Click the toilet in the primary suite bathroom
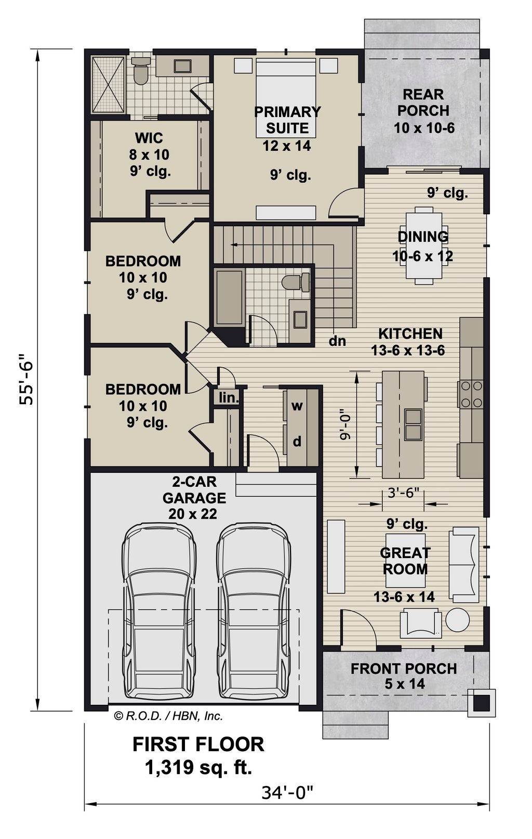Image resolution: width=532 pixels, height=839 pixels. pyautogui.click(x=141, y=71)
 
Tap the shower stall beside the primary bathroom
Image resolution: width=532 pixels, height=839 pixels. pyautogui.click(x=108, y=84)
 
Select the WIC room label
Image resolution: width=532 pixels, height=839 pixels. pyautogui.click(x=149, y=138)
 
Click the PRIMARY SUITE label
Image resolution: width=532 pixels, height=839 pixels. pyautogui.click(x=287, y=120)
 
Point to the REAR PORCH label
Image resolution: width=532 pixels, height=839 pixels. pyautogui.click(x=423, y=102)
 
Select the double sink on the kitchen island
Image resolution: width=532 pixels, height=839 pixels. pyautogui.click(x=413, y=424)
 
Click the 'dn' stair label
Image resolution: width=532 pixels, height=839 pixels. pyautogui.click(x=337, y=341)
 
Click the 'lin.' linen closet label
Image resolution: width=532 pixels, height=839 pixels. pyautogui.click(x=229, y=398)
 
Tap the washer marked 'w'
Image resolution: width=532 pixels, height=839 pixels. pyautogui.click(x=297, y=406)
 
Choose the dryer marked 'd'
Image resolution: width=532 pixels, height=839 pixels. pyautogui.click(x=297, y=442)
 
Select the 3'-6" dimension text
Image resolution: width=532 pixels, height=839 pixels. pyautogui.click(x=403, y=493)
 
